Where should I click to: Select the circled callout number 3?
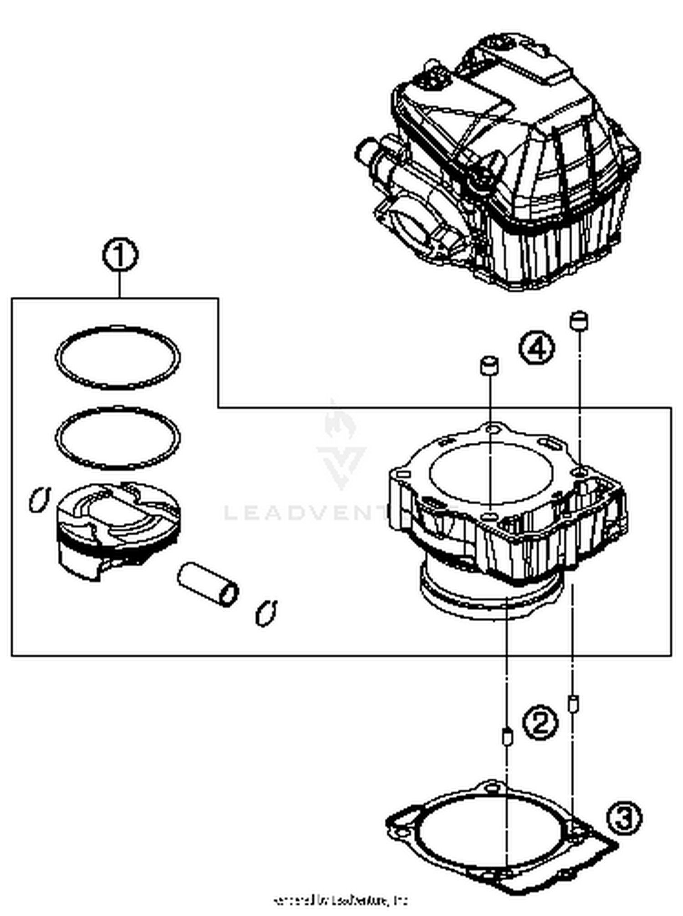coord(624,817)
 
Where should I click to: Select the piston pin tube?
coord(208,584)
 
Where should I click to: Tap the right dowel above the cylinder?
coord(579,320)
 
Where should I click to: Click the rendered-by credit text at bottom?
coord(341,900)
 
